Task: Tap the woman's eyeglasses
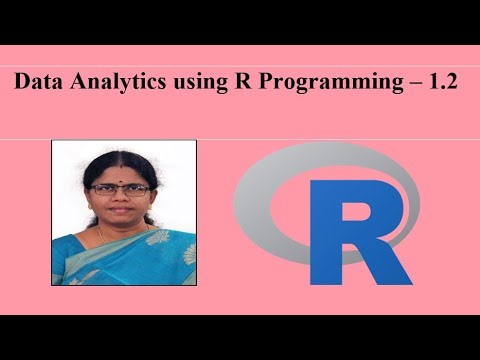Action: (x=121, y=188)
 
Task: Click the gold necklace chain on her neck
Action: (x=103, y=235)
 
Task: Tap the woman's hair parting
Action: (x=120, y=157)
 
